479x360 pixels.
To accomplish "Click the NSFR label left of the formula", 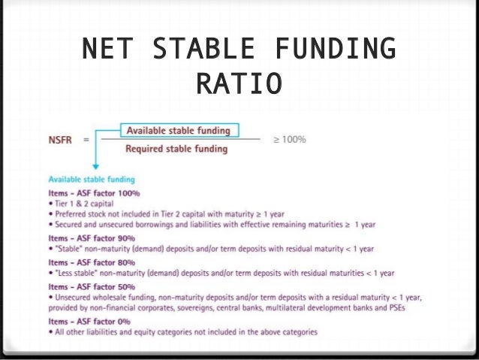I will [60, 139].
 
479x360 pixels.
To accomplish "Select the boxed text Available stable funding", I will [178, 131].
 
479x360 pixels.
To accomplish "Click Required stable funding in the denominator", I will [176, 149].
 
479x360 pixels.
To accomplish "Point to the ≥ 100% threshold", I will [288, 139].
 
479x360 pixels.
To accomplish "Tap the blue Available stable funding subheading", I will [92, 180].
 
